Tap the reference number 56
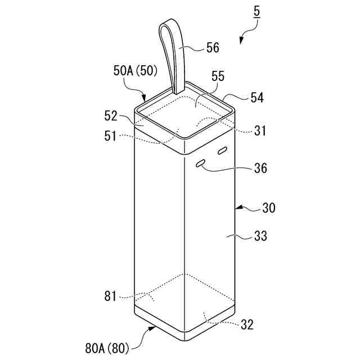coord(213,48)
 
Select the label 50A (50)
coord(136,71)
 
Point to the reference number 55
coord(218,76)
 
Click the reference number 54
coord(257,97)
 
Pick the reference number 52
coord(111,116)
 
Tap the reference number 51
coord(111,136)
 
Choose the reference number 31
coord(260,131)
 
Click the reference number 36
coord(260,168)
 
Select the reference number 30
coord(269,208)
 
